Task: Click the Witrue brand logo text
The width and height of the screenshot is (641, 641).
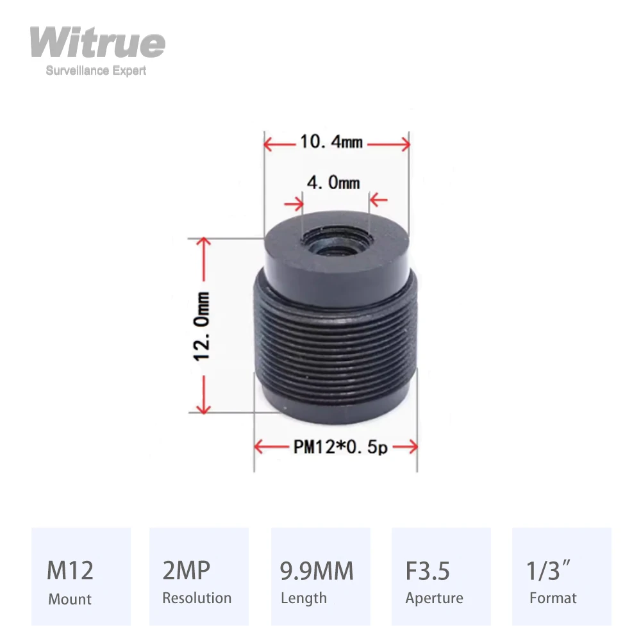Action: point(97,44)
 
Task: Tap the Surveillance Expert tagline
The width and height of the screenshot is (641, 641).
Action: point(96,71)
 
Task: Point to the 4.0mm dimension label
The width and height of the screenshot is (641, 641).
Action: point(333,183)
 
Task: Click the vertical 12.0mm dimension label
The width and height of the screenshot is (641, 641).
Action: point(203,326)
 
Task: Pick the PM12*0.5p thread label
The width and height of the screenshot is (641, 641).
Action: point(340,447)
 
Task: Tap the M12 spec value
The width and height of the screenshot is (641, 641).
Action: point(70,570)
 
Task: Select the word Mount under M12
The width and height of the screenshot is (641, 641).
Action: point(70,599)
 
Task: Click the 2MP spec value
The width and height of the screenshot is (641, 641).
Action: point(186,570)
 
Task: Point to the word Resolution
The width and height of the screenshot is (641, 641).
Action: point(197,598)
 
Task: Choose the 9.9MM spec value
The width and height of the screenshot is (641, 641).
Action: point(317,570)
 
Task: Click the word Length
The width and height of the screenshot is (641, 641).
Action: point(304,598)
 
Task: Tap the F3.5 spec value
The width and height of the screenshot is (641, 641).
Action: point(428,570)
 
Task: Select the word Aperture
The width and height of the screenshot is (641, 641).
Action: point(434,599)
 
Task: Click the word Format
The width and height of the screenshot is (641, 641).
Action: point(553,598)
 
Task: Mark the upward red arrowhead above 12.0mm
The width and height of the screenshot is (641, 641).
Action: point(203,242)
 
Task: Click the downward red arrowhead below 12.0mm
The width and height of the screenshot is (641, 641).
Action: point(203,408)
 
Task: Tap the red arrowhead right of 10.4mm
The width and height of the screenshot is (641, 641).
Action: point(404,144)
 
